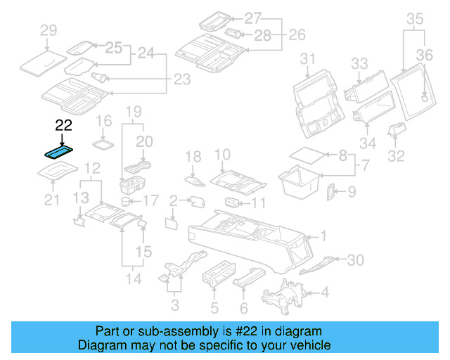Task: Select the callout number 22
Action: coord(63,126)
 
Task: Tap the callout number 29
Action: coord(48,30)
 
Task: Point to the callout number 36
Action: coord(424,53)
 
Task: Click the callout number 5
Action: coord(214,307)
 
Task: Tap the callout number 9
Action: coord(352,191)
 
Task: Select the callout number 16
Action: coord(103,120)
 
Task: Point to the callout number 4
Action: coord(324,292)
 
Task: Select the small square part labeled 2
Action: coord(171,224)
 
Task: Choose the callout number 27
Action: coord(252,17)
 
